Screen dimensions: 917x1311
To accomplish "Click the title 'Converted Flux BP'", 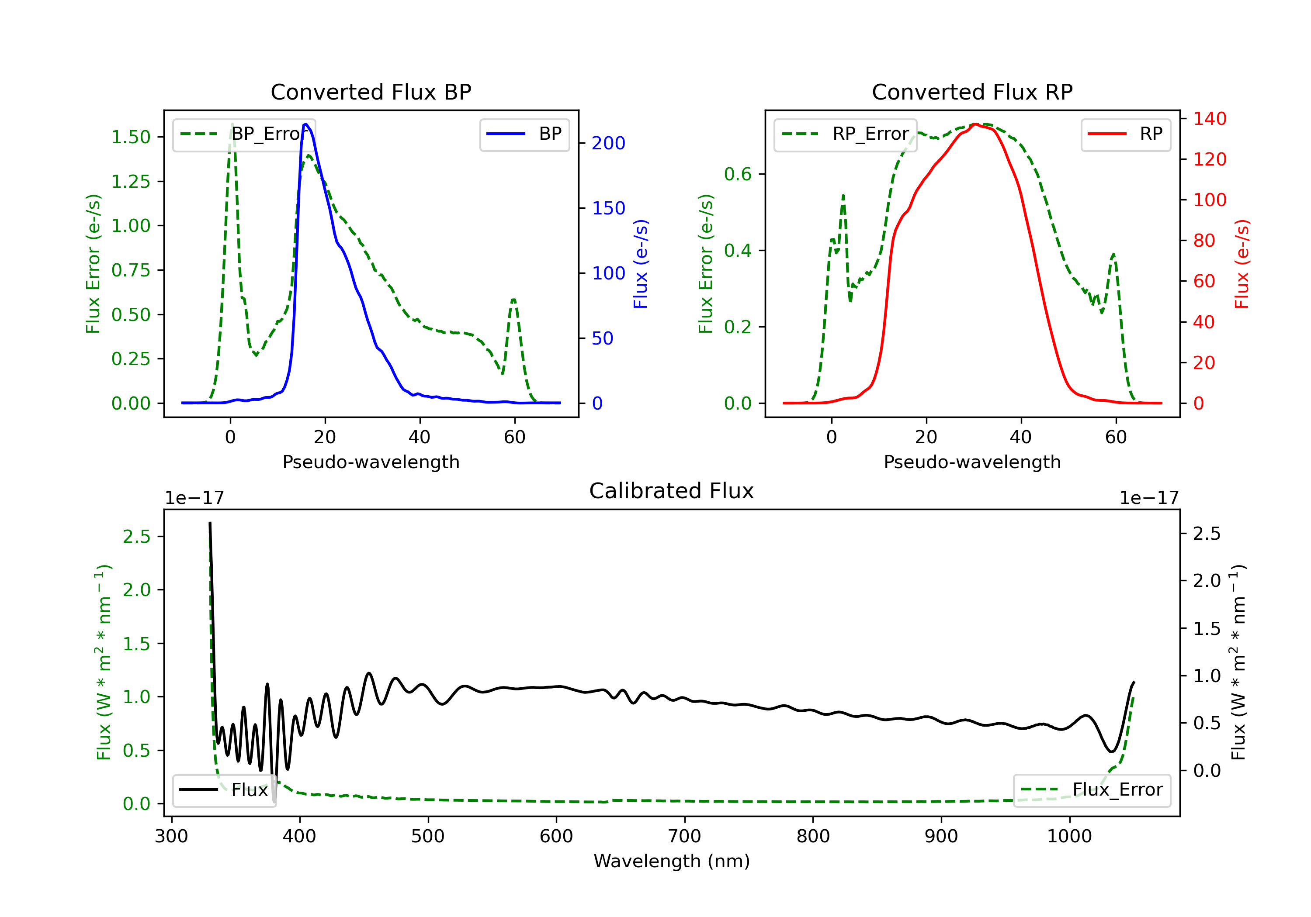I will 371,92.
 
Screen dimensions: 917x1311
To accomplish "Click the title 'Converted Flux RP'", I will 972,92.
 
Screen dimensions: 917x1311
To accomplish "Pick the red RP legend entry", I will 1125,134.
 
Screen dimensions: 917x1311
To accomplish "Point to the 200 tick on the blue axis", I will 608,143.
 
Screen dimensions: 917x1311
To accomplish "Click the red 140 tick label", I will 1209,119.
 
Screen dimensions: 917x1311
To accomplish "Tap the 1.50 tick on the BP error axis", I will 131,137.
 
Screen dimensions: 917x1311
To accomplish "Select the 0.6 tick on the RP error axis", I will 738,174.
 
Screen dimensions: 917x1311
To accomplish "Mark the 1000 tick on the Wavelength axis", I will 1069,837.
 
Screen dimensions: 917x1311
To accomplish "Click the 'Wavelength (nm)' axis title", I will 672,861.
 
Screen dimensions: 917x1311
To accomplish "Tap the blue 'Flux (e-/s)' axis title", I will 641,264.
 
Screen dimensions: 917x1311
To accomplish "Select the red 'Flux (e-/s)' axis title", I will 1242,264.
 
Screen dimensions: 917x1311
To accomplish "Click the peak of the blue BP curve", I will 306,124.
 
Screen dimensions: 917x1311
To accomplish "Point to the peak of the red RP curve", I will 975,124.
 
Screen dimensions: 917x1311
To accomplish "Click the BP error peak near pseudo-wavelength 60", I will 513,299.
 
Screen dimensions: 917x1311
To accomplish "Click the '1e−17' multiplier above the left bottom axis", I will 194,498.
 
